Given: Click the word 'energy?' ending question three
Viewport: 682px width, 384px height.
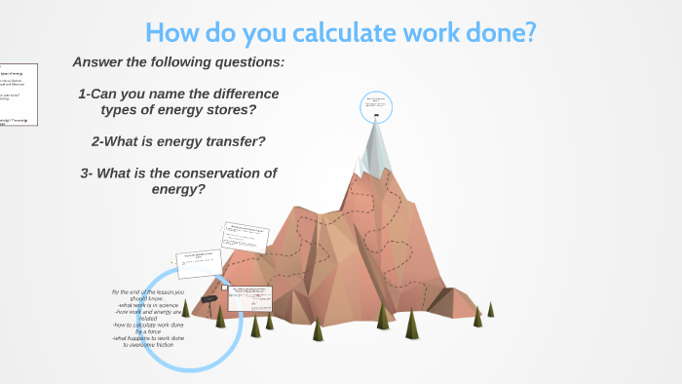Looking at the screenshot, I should click(178, 188).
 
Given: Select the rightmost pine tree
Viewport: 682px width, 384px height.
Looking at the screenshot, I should click(491, 309).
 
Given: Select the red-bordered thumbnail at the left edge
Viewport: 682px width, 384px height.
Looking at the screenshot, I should click(18, 96).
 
